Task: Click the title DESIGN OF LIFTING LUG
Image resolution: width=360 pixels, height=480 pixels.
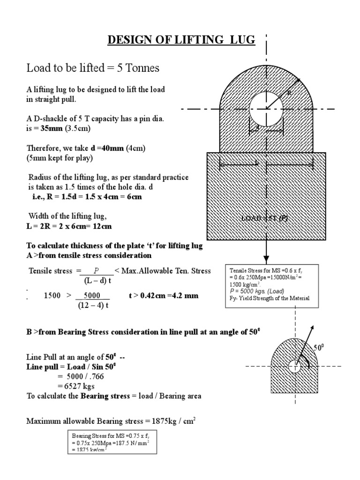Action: coord(181,41)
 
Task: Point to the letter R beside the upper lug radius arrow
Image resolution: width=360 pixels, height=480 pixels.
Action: coord(289,93)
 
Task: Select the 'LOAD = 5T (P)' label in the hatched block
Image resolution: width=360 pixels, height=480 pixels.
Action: coord(264,218)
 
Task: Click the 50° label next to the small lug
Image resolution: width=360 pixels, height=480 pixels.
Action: coord(319,348)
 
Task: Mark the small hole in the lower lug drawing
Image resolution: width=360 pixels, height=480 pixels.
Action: coord(294,367)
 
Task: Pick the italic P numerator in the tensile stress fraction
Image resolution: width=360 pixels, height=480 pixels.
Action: coord(97,271)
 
